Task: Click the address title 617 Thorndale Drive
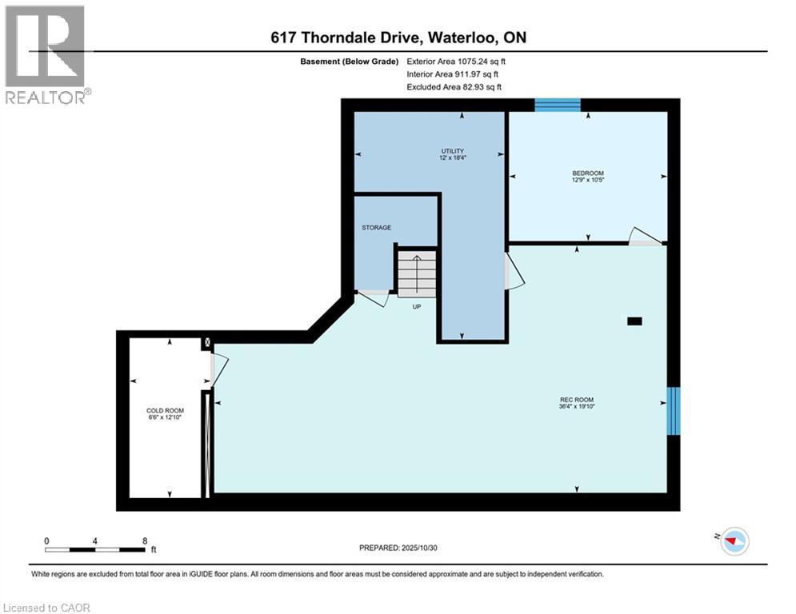398,38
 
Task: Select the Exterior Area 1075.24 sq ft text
457,61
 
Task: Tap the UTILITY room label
452,154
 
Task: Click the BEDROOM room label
587,177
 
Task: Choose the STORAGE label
376,228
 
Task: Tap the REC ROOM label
576,403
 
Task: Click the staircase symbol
417,273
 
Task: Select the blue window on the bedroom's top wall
557,105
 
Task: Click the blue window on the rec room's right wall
673,410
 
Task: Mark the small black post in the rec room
634,321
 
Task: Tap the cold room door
218,369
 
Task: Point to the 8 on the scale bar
144,541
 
